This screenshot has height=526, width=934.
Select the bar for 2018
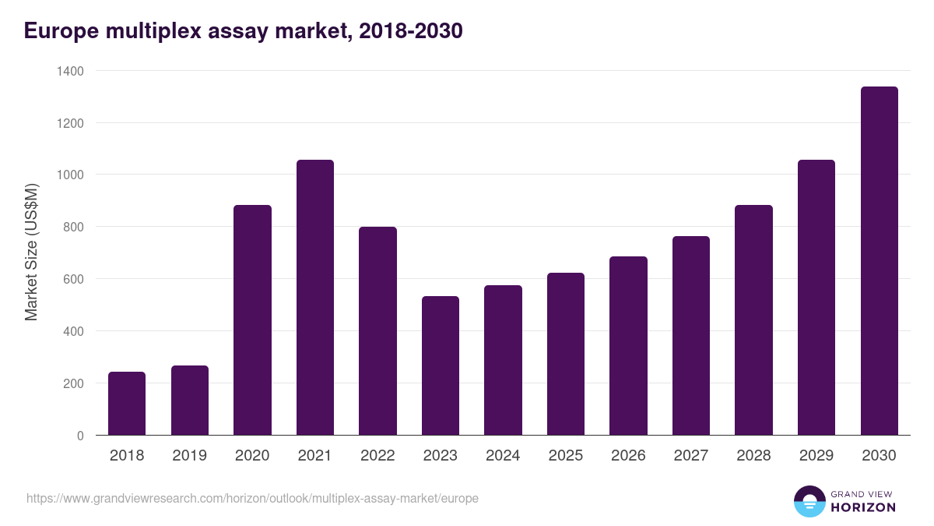[127, 404]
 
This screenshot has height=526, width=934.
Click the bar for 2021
[315, 298]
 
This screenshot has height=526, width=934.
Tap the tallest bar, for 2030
[880, 261]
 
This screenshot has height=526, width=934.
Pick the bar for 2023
[441, 365]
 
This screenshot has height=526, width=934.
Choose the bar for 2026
[628, 346]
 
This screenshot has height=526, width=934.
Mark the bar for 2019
[190, 401]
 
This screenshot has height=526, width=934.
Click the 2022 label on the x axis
[377, 456]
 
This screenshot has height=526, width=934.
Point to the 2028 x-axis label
[753, 456]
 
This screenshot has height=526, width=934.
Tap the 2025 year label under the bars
[566, 456]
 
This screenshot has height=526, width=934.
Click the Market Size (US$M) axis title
[31, 252]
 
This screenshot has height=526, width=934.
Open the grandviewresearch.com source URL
[252, 498]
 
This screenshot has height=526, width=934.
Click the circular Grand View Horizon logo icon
[809, 502]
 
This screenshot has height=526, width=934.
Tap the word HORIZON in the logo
[863, 508]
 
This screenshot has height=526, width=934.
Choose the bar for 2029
[816, 298]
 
